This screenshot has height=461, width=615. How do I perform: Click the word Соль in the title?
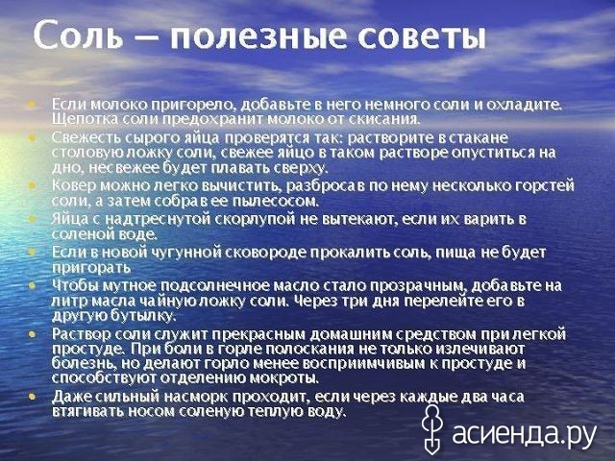(x=78, y=37)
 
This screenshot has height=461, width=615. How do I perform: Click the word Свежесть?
(x=86, y=138)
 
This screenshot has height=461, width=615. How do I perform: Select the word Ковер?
(x=74, y=185)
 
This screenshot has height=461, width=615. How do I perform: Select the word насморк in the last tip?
(x=195, y=397)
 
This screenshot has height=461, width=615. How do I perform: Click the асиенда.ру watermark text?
(x=524, y=433)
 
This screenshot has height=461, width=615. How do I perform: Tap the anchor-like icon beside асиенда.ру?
(x=431, y=429)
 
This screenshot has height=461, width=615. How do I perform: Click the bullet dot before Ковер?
(x=32, y=185)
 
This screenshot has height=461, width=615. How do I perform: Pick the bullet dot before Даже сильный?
(x=32, y=397)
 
